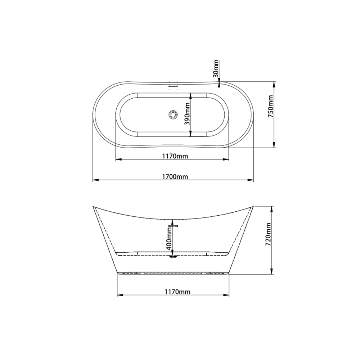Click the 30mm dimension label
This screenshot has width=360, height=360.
point(216,68)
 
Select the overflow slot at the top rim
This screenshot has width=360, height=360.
point(174,86)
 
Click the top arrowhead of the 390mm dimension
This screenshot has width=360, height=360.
point(190,95)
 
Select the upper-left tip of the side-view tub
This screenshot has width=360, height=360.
point(93,207)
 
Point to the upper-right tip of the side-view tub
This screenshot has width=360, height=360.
point(253,207)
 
